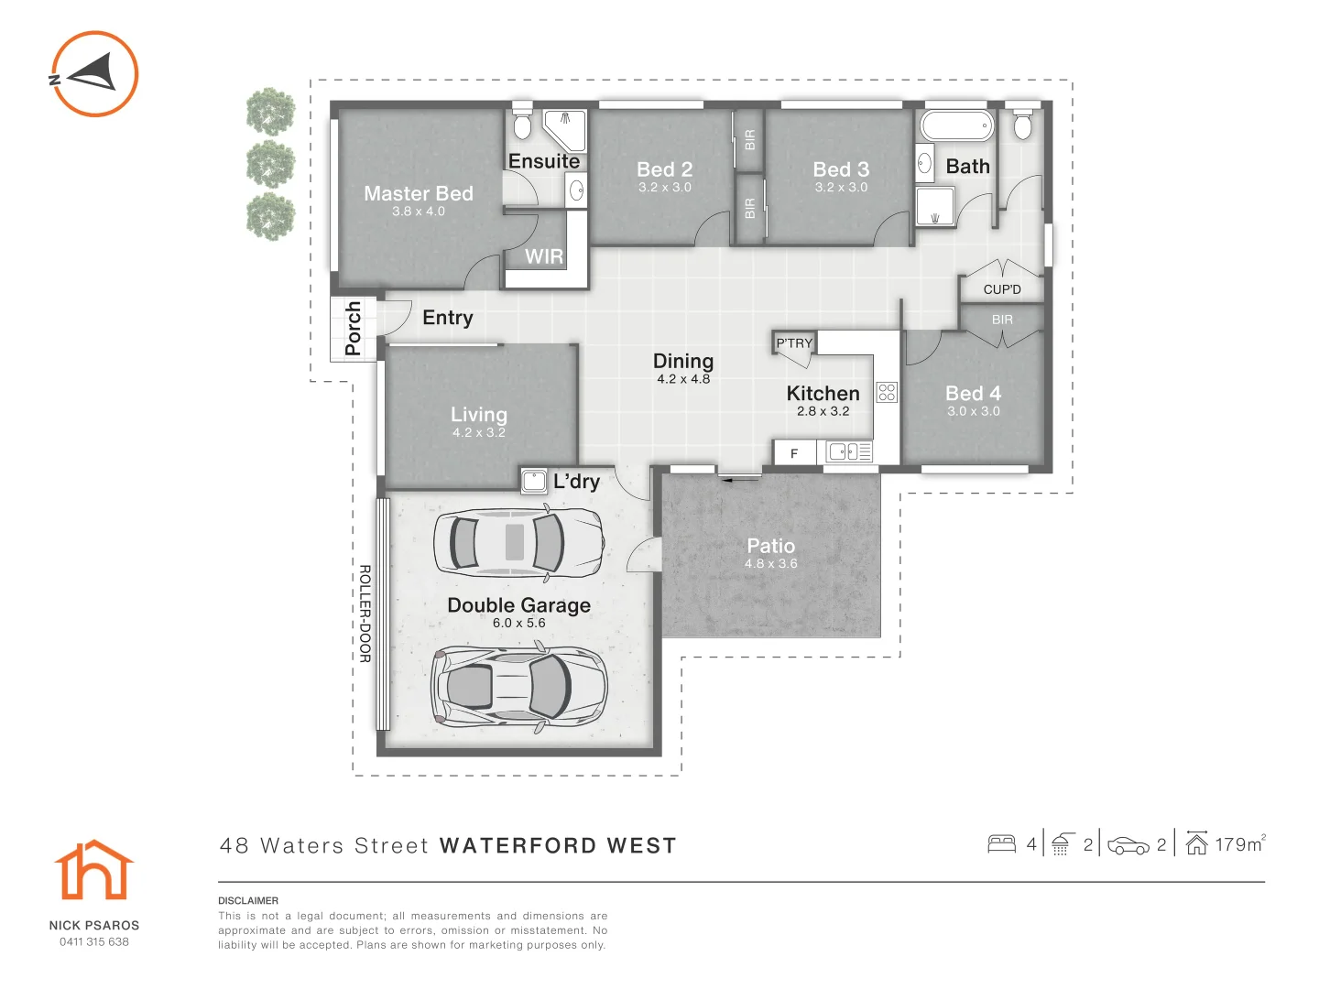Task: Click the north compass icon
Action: click(x=93, y=74)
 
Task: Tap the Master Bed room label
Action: click(x=419, y=193)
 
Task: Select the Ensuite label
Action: click(x=544, y=161)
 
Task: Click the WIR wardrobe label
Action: click(x=544, y=256)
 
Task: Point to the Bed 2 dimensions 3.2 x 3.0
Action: click(x=665, y=188)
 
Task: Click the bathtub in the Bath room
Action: click(x=957, y=125)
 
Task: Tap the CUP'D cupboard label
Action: click(x=1002, y=289)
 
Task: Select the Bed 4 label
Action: click(x=973, y=393)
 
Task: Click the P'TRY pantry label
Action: click(x=794, y=343)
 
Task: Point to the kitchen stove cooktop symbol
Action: click(x=887, y=393)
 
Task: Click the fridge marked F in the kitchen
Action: click(x=794, y=453)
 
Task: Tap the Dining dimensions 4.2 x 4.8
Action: click(x=683, y=379)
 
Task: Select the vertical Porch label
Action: click(x=353, y=328)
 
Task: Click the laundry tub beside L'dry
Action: click(x=534, y=481)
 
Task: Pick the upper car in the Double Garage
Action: click(x=518, y=542)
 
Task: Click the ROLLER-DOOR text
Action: click(x=365, y=614)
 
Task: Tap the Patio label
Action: click(x=771, y=546)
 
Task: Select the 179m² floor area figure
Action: click(x=1239, y=844)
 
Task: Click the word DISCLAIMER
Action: click(x=248, y=901)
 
